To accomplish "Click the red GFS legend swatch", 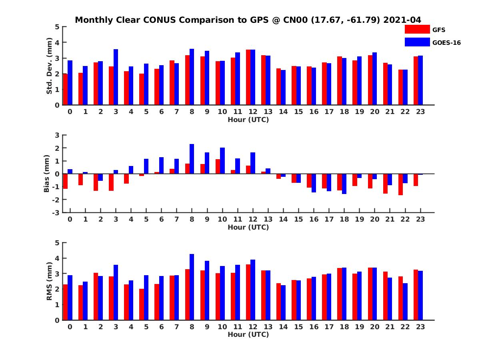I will point(417,29).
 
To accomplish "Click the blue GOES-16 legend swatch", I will point(417,42).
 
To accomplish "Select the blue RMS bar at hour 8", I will point(192,287).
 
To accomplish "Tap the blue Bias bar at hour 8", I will point(192,159).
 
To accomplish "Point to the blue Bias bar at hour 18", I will point(344,184).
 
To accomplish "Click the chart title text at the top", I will point(248,20).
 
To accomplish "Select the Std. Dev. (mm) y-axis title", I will point(50,66).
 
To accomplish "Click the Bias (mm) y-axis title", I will point(47,174).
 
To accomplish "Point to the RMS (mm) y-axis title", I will point(50,281).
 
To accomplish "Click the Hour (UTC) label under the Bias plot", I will point(248,227).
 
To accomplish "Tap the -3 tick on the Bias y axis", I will point(57,212).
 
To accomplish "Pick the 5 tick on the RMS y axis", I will point(57,242).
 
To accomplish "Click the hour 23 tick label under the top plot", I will point(420,112).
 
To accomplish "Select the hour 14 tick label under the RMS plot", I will point(283,326).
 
